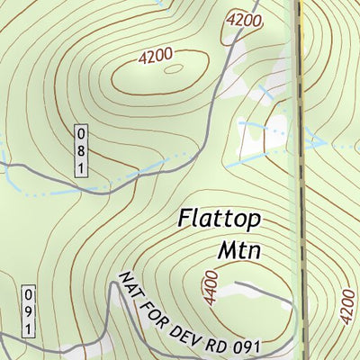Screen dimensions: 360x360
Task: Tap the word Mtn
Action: tap(238, 249)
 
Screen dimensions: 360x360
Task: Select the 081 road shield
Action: tap(81, 151)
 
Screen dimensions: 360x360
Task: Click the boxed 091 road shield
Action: tap(28, 312)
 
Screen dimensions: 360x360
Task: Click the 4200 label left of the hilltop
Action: tap(155, 56)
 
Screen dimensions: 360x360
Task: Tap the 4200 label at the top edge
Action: tap(243, 18)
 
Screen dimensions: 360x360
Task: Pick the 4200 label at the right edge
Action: tap(347, 306)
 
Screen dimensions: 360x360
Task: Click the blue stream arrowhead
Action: tap(318, 140)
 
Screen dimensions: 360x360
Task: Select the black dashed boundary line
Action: tap(299, 180)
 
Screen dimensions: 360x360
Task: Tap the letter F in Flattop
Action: tap(184, 217)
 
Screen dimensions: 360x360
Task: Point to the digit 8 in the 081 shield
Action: tap(81, 151)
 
